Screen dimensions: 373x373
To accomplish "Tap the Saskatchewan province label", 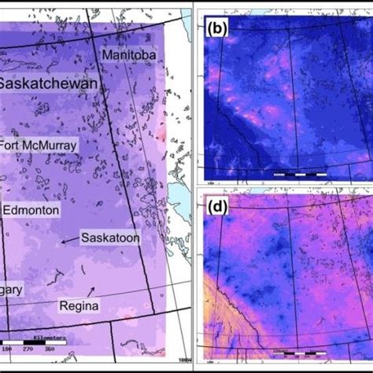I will pyautogui.click(x=47, y=83).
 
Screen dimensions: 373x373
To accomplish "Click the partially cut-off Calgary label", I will pyautogui.click(x=11, y=290).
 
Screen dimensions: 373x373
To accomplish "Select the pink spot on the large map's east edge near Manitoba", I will pyautogui.click(x=163, y=134).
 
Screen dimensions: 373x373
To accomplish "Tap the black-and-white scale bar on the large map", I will pyautogui.click(x=39, y=342).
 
